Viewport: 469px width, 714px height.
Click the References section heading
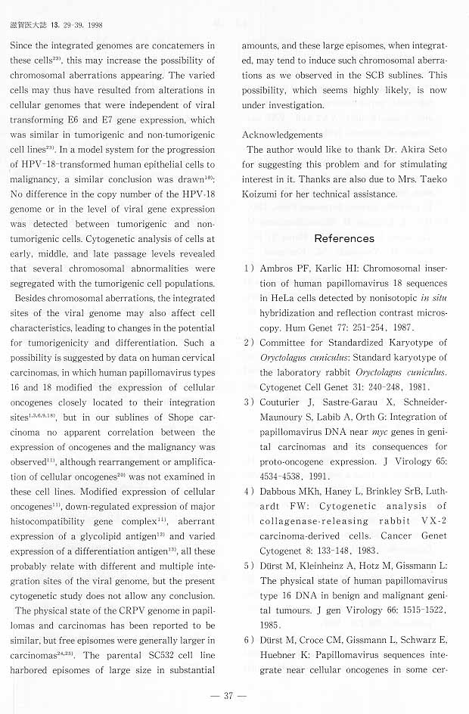[344, 238]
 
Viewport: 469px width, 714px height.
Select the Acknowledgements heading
[282, 134]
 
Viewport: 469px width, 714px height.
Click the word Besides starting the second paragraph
[34, 299]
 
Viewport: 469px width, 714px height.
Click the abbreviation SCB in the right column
[371, 76]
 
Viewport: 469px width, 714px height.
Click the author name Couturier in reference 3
[283, 402]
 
